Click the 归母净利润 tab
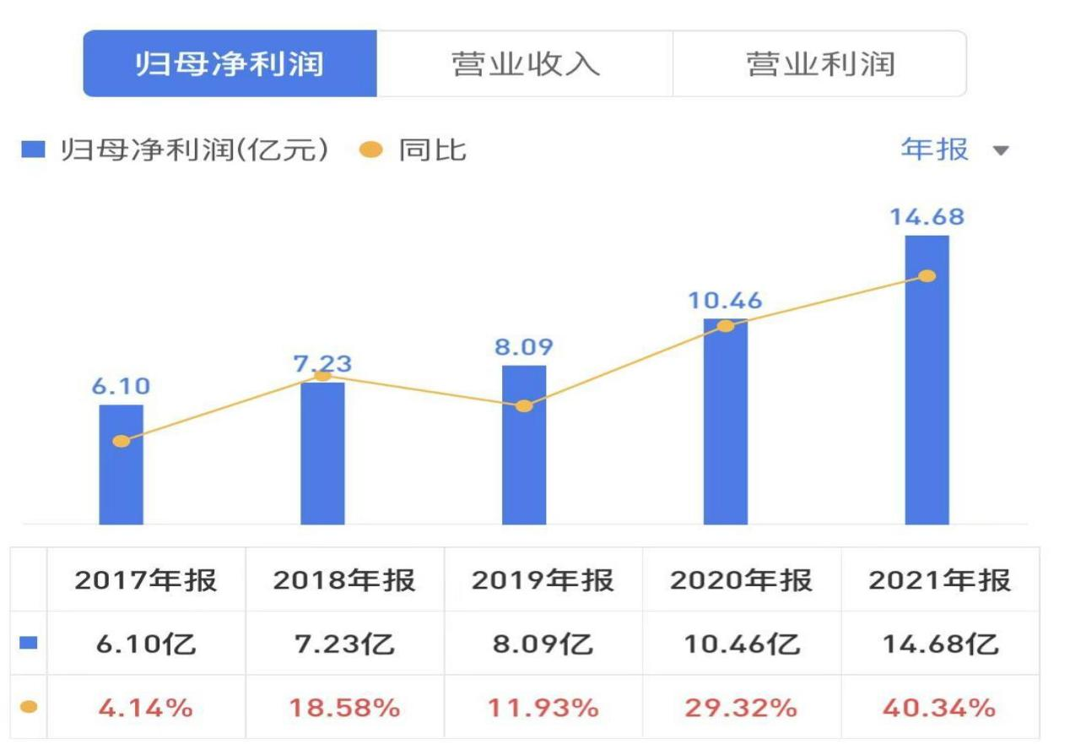(x=230, y=64)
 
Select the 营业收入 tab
(x=525, y=64)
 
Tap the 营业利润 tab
(x=819, y=64)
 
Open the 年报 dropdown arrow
(x=1001, y=151)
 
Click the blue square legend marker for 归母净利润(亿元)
(x=33, y=150)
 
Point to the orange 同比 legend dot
(x=370, y=150)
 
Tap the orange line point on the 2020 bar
(x=725, y=326)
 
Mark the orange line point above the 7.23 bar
(x=322, y=375)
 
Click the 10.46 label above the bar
(x=725, y=300)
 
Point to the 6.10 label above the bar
(x=122, y=387)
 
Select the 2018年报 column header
(x=344, y=580)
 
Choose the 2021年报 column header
(x=939, y=580)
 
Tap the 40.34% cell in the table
(x=939, y=707)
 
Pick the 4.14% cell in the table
(x=145, y=707)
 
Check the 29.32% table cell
(x=741, y=707)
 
